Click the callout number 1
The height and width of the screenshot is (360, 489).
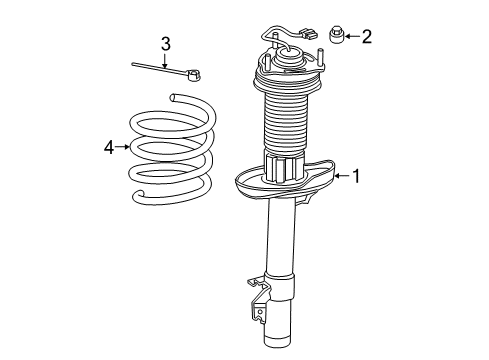[357, 176]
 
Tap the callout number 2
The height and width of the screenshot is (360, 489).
[367, 36]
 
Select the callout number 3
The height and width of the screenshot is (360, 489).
[166, 44]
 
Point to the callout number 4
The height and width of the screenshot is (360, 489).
[109, 147]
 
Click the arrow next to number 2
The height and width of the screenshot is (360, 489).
[351, 36]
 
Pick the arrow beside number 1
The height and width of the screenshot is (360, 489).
[342, 176]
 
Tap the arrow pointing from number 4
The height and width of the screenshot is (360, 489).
[122, 147]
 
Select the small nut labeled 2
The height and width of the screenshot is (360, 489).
[336, 35]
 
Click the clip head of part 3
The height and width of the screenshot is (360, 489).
[194, 75]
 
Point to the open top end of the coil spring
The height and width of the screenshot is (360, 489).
[173, 97]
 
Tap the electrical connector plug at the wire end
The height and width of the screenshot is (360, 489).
[309, 33]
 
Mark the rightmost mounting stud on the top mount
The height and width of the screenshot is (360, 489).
[321, 57]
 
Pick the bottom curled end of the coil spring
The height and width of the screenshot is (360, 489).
[139, 194]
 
